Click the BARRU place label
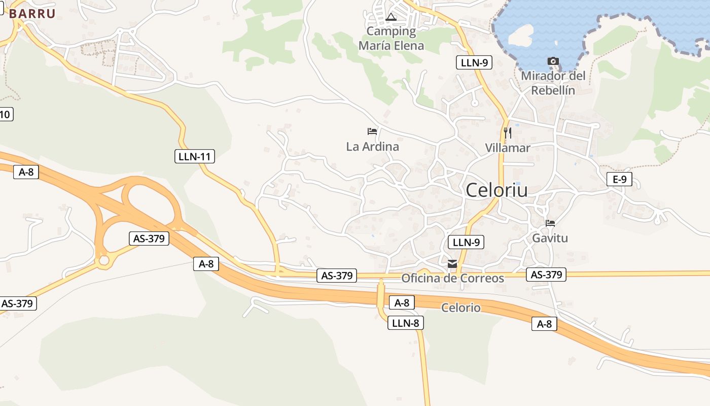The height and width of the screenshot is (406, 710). tap(31, 14)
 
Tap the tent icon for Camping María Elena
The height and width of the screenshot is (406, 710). tap(390, 18)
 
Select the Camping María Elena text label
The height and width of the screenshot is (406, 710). tap(391, 39)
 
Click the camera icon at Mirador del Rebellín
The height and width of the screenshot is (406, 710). tap(553, 61)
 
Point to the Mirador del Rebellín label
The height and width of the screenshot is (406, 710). tap(553, 83)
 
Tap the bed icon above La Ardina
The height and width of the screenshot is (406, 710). tap(372, 131)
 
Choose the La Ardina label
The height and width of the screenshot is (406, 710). tap(372, 147)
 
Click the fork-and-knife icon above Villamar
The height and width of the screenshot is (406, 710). tap(507, 133)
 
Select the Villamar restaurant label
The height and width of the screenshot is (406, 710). tap(507, 148)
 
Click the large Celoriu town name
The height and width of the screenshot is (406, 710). tap(496, 190)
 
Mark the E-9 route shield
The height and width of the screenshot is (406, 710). tap(619, 179)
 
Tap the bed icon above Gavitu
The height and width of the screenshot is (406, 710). tap(550, 223)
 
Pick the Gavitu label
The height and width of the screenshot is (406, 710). tap(550, 238)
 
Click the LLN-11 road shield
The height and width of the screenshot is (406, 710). tap(195, 156)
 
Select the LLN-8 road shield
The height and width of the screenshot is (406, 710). tap(405, 323)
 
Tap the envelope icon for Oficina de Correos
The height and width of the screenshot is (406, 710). tap(452, 264)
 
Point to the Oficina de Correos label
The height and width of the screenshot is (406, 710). tap(452, 278)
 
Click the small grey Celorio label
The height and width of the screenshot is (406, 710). tap(460, 308)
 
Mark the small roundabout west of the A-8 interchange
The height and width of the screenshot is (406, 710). tap(104, 261)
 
